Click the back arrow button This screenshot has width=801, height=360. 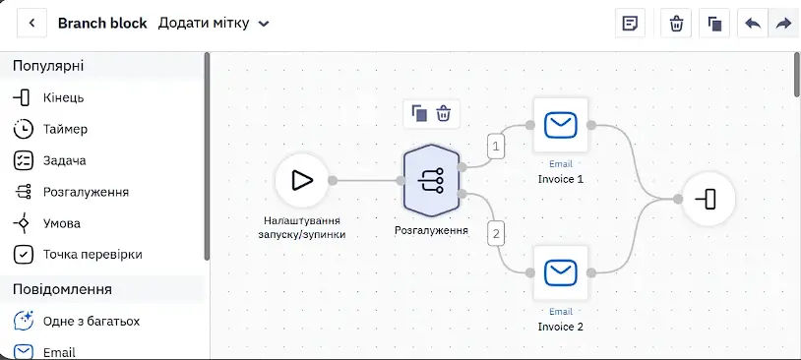point(32,23)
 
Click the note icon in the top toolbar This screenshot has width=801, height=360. point(631,23)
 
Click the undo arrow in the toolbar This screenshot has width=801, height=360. point(753,23)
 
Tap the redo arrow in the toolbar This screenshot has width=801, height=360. point(783,23)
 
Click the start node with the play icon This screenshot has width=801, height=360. point(302,180)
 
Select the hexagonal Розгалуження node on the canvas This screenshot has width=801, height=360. point(432,180)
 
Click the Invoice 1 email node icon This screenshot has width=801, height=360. point(560,125)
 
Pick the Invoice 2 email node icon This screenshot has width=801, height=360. point(560,272)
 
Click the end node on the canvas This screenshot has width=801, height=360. point(709,199)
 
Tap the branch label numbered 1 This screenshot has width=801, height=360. point(496,147)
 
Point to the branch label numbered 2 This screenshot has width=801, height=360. point(496,235)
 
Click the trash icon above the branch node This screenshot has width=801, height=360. point(444,113)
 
